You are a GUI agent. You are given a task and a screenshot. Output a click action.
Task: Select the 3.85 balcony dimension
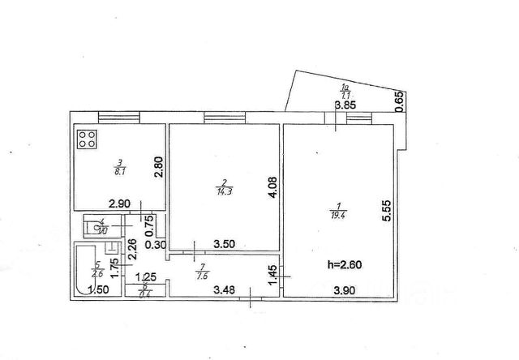pos(348,105)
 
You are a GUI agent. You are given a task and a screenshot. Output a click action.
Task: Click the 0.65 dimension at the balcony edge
pos(399,101)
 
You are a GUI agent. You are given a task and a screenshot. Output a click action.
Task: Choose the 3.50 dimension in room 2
pos(224,242)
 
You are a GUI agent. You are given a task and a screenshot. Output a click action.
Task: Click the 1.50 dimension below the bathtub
pos(97,291)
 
